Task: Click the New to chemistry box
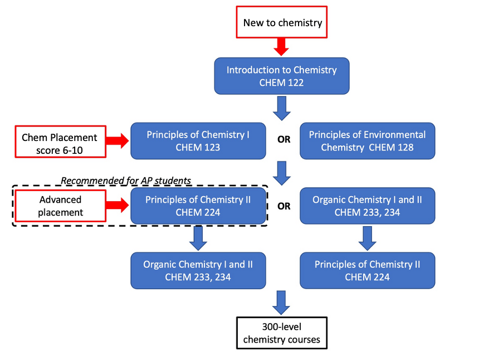pyautogui.click(x=282, y=23)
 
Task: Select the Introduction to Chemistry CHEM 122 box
pyautogui.click(x=282, y=76)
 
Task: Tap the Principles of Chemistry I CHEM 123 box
pyautogui.click(x=198, y=140)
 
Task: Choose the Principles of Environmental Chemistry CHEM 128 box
pyautogui.click(x=367, y=140)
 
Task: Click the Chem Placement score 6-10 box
pyautogui.click(x=59, y=143)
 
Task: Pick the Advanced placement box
pyautogui.click(x=60, y=205)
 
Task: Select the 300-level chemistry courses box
pyautogui.click(x=281, y=333)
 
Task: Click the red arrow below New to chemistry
pyautogui.click(x=282, y=47)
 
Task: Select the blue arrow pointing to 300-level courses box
pyautogui.click(x=282, y=302)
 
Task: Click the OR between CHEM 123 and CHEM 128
pyautogui.click(x=284, y=140)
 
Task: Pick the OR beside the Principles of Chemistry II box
pyautogui.click(x=284, y=206)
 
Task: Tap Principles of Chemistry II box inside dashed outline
pyautogui.click(x=198, y=206)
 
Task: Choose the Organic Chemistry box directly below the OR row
pyautogui.click(x=367, y=206)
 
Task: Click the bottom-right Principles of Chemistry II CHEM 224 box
pyautogui.click(x=367, y=270)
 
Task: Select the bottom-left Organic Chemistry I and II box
pyautogui.click(x=198, y=270)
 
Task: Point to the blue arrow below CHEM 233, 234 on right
pyautogui.click(x=367, y=237)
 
